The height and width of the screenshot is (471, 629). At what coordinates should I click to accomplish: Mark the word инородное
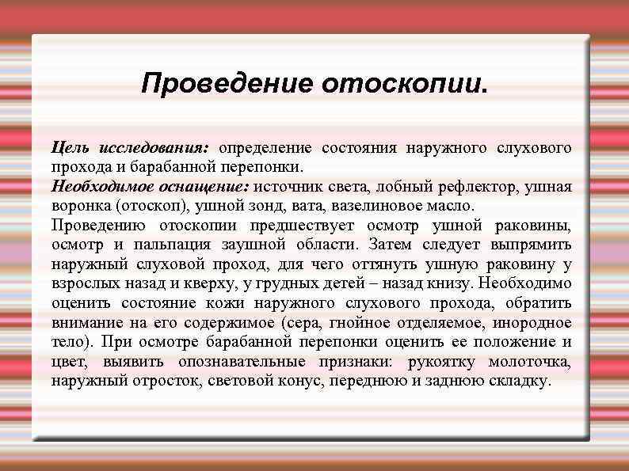point(532,323)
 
